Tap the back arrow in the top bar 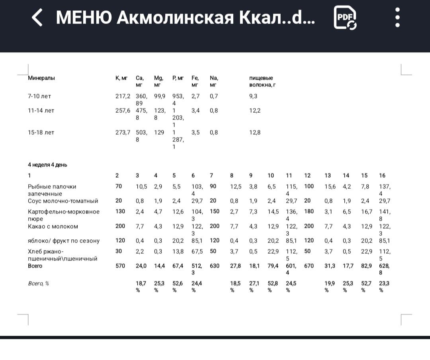[37, 18]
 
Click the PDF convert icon [345, 18]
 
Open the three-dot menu [397, 18]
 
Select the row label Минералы [41, 78]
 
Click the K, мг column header [121, 78]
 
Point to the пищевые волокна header [262, 81]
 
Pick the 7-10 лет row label [39, 96]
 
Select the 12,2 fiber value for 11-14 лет [255, 110]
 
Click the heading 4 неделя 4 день [45, 164]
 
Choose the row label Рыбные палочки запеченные [52, 190]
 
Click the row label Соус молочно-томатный [63, 201]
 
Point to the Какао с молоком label [53, 226]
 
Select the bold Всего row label [35, 266]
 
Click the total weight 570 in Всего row [120, 266]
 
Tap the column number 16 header [382, 175]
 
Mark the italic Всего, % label [38, 284]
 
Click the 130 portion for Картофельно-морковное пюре [120, 211]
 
